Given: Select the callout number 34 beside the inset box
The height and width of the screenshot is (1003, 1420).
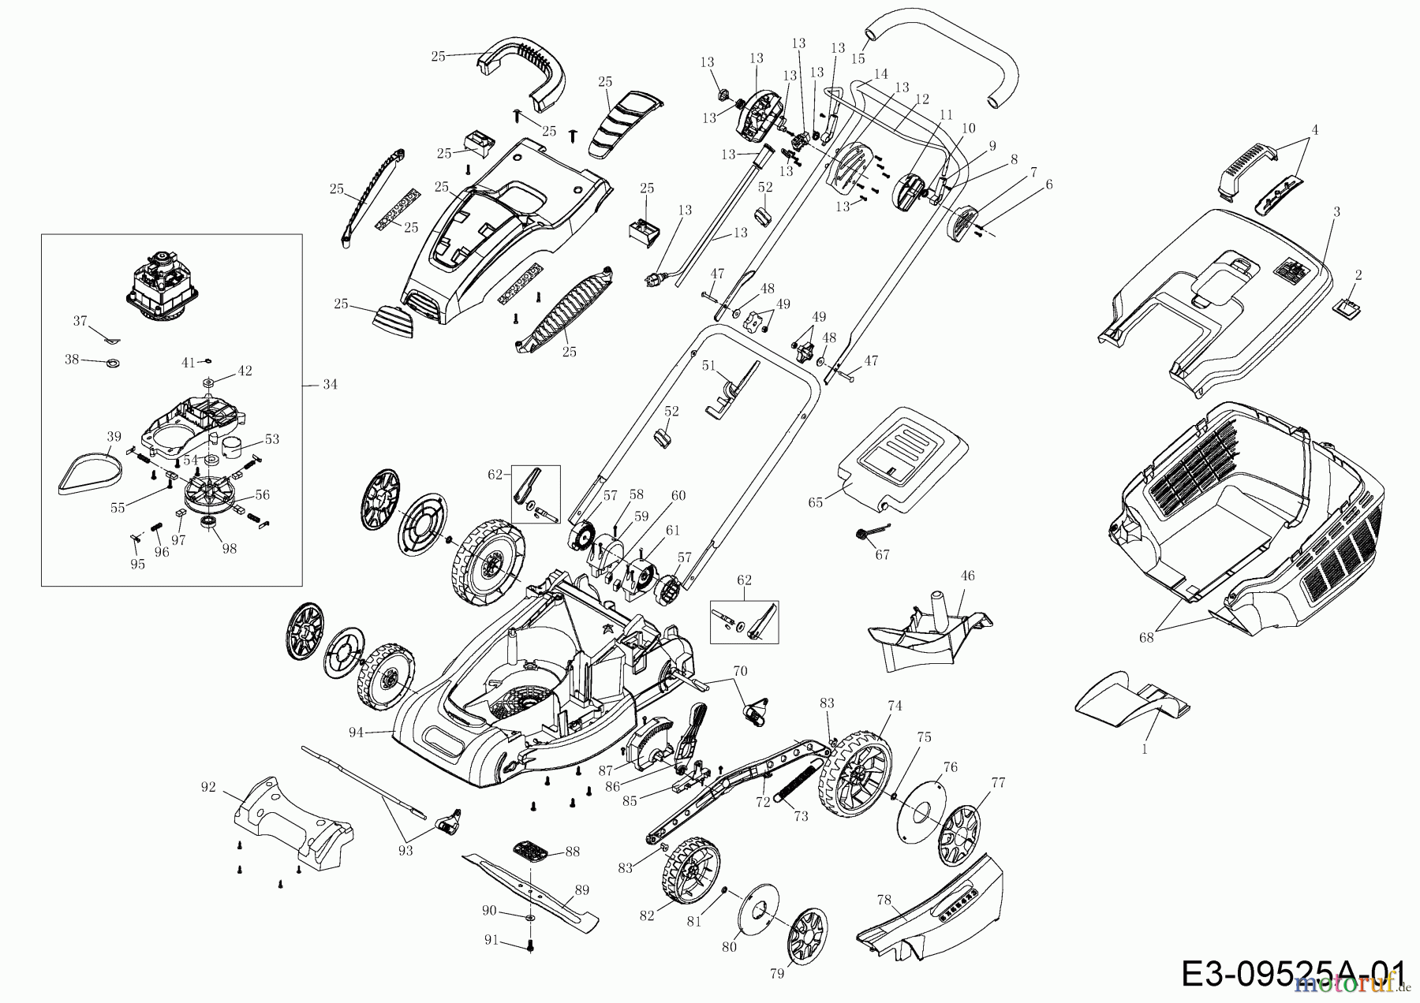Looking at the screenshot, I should (330, 385).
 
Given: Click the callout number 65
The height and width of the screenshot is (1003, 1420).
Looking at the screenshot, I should (816, 502).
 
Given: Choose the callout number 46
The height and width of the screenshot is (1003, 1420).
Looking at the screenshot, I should (968, 576).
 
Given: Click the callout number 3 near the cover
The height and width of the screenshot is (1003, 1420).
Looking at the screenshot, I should (1336, 212).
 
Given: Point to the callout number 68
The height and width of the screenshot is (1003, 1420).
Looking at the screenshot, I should (1145, 638).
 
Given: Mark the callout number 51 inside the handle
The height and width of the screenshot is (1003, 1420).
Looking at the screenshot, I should (708, 366).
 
